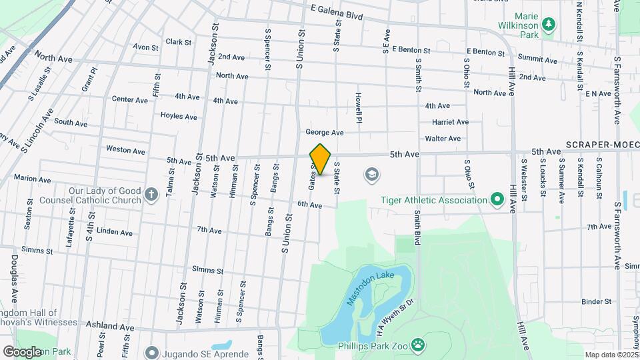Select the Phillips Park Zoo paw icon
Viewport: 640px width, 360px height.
pyautogui.click(x=418, y=345)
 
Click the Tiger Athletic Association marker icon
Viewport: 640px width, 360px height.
pyautogui.click(x=496, y=199)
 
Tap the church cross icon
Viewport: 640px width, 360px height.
pyautogui.click(x=151, y=195)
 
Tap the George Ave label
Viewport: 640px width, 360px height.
pyautogui.click(x=325, y=132)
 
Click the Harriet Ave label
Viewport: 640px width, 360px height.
pyautogui.click(x=450, y=122)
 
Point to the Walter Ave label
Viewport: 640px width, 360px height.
pyautogui.click(x=443, y=139)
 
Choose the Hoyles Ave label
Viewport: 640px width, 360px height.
pyautogui.click(x=179, y=116)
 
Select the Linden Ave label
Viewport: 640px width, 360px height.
pyautogui.click(x=115, y=232)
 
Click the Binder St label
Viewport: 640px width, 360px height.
pyautogui.click(x=597, y=301)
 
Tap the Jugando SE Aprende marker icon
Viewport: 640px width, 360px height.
pyautogui.click(x=151, y=351)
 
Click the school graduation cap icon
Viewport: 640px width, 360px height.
pyautogui.click(x=371, y=175)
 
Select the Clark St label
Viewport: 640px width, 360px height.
pyautogui.click(x=179, y=42)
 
